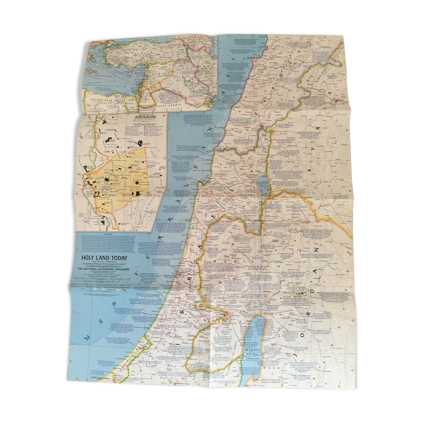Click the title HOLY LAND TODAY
click(x=104, y=258)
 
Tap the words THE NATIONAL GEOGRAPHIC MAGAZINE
click(x=104, y=269)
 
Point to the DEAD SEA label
click(x=252, y=350)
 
